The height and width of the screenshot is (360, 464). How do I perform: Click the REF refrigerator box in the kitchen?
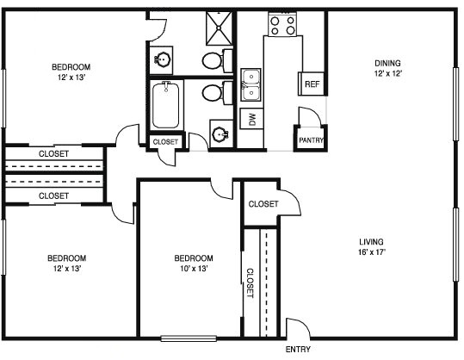311,84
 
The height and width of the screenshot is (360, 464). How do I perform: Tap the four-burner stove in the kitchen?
281,24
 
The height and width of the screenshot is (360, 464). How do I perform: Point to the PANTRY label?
310,140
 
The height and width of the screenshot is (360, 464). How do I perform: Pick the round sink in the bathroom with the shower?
163,59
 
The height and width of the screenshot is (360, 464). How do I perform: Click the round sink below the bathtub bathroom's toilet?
220,134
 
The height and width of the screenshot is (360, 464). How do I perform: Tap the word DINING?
388,63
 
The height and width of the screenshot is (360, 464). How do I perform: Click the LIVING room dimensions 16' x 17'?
372,252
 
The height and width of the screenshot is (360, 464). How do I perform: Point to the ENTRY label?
298,350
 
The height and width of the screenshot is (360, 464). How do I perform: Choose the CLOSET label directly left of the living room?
263,204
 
